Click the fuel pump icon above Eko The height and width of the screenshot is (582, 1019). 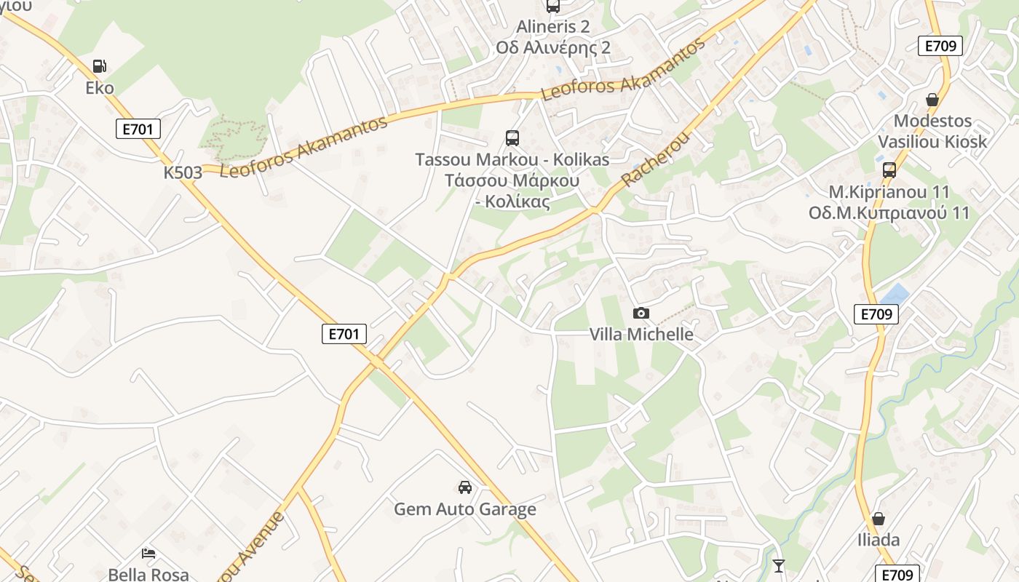[x=99, y=66]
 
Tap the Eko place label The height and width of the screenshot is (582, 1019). [x=100, y=88]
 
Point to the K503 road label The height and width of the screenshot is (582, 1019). [x=183, y=172]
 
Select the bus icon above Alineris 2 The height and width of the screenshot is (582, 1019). [x=553, y=6]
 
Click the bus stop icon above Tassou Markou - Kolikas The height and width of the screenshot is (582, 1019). [x=512, y=137]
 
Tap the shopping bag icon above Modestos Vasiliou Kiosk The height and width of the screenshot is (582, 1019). [x=932, y=100]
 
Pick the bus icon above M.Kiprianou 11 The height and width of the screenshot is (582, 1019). [x=889, y=170]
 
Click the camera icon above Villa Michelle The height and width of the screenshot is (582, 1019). [x=641, y=314]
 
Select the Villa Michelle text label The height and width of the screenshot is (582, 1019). [x=641, y=334]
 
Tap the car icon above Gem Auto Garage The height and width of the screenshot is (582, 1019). [x=464, y=487]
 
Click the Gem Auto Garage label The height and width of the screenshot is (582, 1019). [x=465, y=509]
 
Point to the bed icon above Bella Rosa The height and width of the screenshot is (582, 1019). [x=148, y=554]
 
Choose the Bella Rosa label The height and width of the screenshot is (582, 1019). [x=148, y=574]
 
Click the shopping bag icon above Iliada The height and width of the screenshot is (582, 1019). [x=879, y=519]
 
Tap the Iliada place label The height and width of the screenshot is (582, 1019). [x=879, y=540]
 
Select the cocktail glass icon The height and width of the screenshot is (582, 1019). [x=779, y=565]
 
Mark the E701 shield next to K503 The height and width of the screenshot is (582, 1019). [x=138, y=129]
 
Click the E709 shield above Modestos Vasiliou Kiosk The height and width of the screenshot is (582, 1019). [x=940, y=46]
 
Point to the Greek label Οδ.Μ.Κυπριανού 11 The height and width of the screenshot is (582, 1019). [x=889, y=213]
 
